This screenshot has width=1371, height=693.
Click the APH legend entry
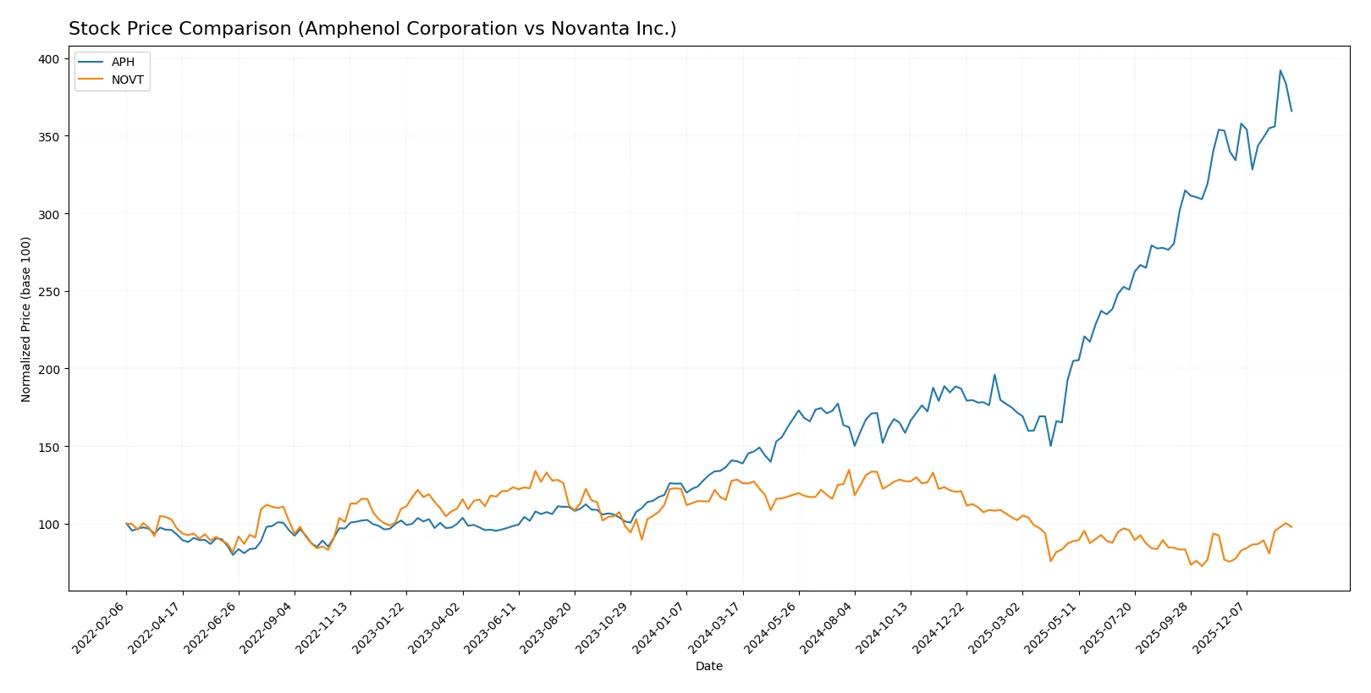tap(123, 62)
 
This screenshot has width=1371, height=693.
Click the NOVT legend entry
tap(127, 80)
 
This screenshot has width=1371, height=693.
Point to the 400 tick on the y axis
tap(48, 59)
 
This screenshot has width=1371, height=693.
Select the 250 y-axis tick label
tap(48, 292)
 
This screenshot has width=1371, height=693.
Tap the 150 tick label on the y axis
tap(48, 447)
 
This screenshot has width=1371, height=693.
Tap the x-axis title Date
tap(708, 667)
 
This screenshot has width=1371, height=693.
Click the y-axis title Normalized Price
tap(26, 319)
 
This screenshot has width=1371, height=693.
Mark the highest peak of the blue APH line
tap(1280, 70)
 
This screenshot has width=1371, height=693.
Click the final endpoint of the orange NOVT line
tap(1291, 527)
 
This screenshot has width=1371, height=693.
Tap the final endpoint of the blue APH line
tap(1291, 111)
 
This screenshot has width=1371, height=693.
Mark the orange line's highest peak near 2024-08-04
tap(849, 470)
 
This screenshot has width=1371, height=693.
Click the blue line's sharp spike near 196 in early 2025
tap(994, 375)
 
